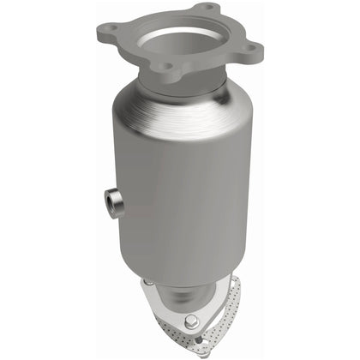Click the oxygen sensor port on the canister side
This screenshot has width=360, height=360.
[111, 201]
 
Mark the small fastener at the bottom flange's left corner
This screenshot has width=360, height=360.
[148, 284]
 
